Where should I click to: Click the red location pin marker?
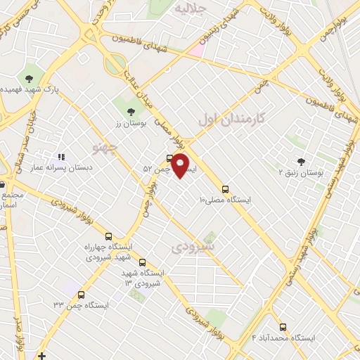(181, 165)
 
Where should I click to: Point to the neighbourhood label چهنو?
(105, 146)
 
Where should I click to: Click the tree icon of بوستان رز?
(130, 110)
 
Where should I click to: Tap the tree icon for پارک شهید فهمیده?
(30, 79)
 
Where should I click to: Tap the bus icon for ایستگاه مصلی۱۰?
(225, 189)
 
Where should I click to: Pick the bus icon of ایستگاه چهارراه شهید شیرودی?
(108, 237)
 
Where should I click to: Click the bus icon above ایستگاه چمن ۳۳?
(81, 295)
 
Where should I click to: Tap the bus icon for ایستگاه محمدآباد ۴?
(283, 327)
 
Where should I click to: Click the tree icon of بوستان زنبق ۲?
(301, 162)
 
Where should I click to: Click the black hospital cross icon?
(42, 356)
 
